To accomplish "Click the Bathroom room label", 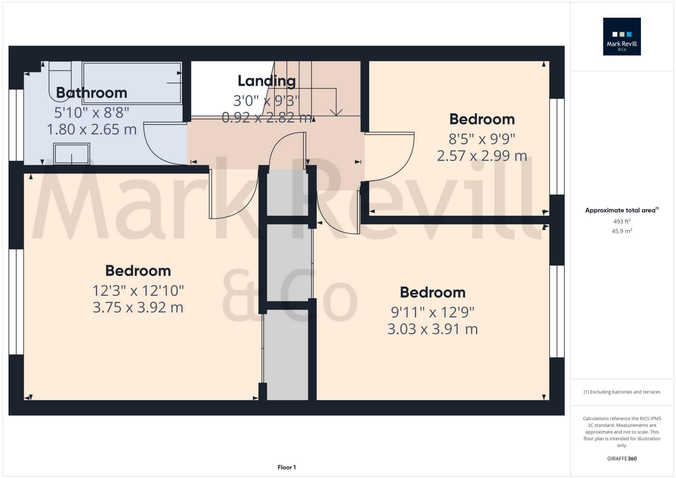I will pyautogui.click(x=92, y=93).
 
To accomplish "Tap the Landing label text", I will pyautogui.click(x=267, y=81).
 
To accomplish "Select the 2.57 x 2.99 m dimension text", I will pyautogui.click(x=482, y=156).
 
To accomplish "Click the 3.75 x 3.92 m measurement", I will pyautogui.click(x=138, y=307).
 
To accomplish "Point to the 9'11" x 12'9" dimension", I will pyautogui.click(x=433, y=312).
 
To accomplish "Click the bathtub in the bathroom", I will pyautogui.click(x=132, y=83).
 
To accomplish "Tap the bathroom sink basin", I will pyautogui.click(x=71, y=154).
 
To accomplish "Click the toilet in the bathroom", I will pyautogui.click(x=59, y=80).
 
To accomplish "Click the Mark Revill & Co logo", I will pyautogui.click(x=622, y=36).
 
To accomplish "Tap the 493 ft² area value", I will pyautogui.click(x=622, y=221).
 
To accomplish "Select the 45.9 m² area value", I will pyautogui.click(x=622, y=231).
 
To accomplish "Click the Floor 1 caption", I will pyautogui.click(x=287, y=467).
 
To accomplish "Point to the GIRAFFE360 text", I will pyautogui.click(x=622, y=459).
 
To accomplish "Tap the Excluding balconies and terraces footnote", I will pyautogui.click(x=622, y=392).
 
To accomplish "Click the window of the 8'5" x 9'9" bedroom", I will pyautogui.click(x=557, y=147).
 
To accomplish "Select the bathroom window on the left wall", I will pyautogui.click(x=16, y=125).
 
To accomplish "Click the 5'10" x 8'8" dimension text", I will pyautogui.click(x=92, y=113).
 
